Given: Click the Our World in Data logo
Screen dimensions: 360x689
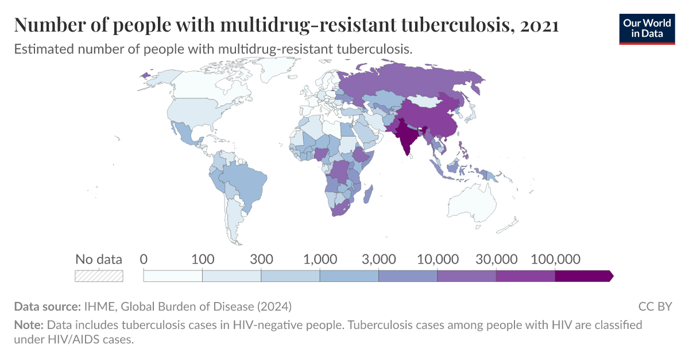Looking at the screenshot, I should (647, 29).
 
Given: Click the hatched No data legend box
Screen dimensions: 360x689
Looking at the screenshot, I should (99, 276).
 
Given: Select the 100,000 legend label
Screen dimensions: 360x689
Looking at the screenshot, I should (555, 259).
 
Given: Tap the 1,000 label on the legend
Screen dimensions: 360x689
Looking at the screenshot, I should (320, 259).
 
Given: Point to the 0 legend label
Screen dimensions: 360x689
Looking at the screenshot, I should (144, 259).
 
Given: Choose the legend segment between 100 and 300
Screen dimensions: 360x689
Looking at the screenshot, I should (231, 276).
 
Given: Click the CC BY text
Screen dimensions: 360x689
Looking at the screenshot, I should (655, 306).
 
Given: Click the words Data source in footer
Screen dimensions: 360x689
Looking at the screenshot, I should (48, 306).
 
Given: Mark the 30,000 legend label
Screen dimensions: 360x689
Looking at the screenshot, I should (496, 259).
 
